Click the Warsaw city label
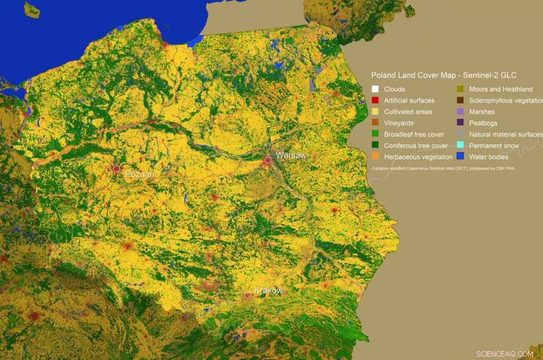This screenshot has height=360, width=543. (x=291, y=156)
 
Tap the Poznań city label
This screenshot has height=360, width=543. (x=140, y=175)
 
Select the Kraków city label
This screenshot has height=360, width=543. (x=268, y=291)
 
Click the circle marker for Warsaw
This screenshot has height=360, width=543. (x=268, y=160)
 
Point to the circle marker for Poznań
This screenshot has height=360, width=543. (x=117, y=168)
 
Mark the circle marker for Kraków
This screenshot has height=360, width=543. (x=248, y=295)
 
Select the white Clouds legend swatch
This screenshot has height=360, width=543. (x=375, y=89)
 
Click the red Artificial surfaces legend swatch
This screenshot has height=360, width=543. (x=375, y=101)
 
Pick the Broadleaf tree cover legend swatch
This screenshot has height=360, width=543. (x=375, y=134)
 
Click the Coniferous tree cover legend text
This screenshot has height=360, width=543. (x=415, y=145)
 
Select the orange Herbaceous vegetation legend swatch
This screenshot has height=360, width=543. (x=375, y=157)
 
